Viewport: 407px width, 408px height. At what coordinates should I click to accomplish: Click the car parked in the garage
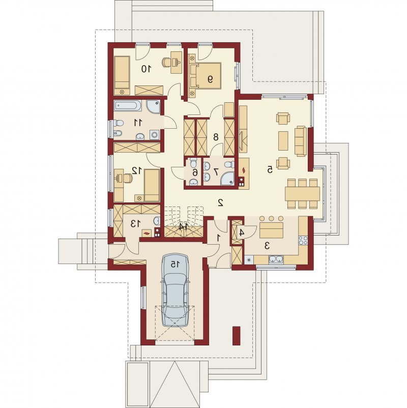(x=175, y=290)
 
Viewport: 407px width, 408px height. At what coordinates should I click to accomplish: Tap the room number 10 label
(x=146, y=69)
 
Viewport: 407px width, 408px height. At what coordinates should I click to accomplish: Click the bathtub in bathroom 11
(x=128, y=106)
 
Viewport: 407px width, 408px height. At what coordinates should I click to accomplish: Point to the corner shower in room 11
(x=153, y=107)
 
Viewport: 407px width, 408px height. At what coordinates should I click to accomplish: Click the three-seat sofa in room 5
(x=300, y=141)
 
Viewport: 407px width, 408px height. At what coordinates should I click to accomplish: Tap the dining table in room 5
(x=302, y=194)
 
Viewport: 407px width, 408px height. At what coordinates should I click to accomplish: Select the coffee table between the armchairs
(x=283, y=141)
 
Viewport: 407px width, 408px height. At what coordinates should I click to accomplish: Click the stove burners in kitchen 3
(x=303, y=241)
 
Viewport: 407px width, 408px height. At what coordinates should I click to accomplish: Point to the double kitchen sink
(x=276, y=259)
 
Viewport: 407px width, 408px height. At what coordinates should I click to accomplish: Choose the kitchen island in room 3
(x=272, y=230)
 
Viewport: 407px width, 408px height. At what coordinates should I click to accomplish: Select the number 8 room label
(x=216, y=137)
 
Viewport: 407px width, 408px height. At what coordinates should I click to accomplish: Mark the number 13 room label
(x=136, y=223)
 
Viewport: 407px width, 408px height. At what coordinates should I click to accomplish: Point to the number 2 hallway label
(x=220, y=202)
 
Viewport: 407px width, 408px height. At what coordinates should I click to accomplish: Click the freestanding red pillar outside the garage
(x=236, y=336)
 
